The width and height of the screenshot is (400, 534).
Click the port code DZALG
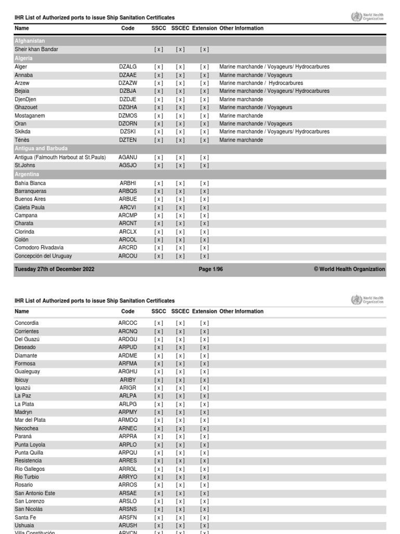(128, 67)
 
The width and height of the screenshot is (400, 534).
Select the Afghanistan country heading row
(30, 41)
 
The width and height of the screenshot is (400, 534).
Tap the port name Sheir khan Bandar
(36, 50)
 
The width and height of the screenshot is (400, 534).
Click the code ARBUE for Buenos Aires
(128, 199)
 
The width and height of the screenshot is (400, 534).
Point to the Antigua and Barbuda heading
(41, 149)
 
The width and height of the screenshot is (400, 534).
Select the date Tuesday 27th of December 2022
(55, 270)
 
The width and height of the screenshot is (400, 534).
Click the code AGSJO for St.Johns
(128, 165)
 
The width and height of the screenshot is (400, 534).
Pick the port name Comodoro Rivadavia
(39, 248)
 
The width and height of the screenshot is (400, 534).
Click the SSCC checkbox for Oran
(158, 124)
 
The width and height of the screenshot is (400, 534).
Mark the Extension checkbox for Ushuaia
(204, 526)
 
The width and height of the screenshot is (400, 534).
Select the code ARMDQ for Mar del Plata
(128, 420)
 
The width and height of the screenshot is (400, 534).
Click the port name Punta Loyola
(30, 445)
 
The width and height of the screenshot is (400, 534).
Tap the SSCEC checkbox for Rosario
(180, 485)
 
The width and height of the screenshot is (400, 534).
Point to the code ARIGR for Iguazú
(128, 388)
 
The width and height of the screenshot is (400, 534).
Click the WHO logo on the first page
(368, 17)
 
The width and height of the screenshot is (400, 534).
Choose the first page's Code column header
(128, 28)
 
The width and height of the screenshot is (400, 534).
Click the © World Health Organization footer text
(349, 270)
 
